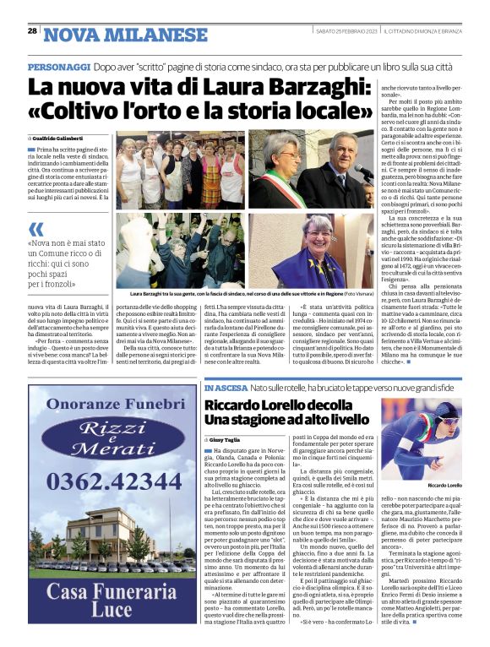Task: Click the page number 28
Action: tap(32, 31)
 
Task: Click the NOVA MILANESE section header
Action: tap(126, 35)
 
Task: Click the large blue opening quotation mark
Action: tap(35, 229)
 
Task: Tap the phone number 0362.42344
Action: tap(112, 481)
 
